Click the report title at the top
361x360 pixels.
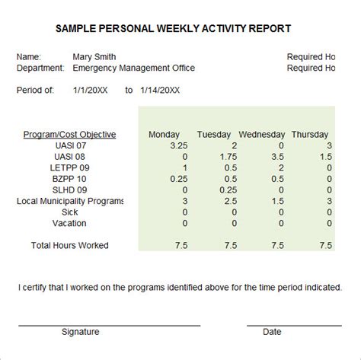point(173,29)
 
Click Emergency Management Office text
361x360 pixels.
point(133,68)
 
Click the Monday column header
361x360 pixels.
point(164,135)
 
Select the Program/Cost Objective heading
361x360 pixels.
point(69,135)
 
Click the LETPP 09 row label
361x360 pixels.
point(69,167)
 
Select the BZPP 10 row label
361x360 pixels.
point(69,179)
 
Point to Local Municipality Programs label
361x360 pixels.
point(69,202)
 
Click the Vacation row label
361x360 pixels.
point(69,224)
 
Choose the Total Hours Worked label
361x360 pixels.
point(69,245)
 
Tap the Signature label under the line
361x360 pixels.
point(80,332)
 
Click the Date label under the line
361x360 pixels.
point(272,332)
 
